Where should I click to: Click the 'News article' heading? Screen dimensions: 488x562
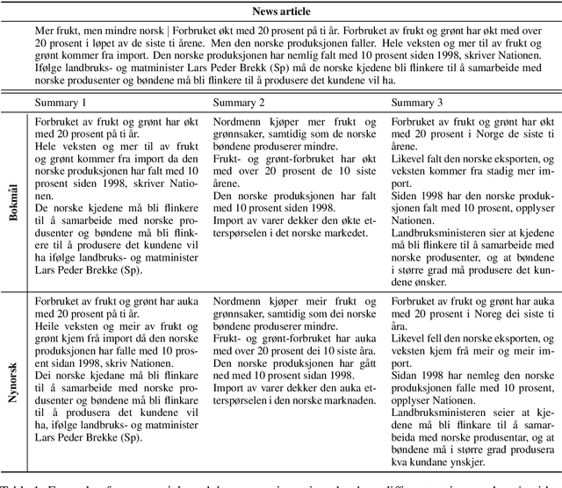point(280,11)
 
